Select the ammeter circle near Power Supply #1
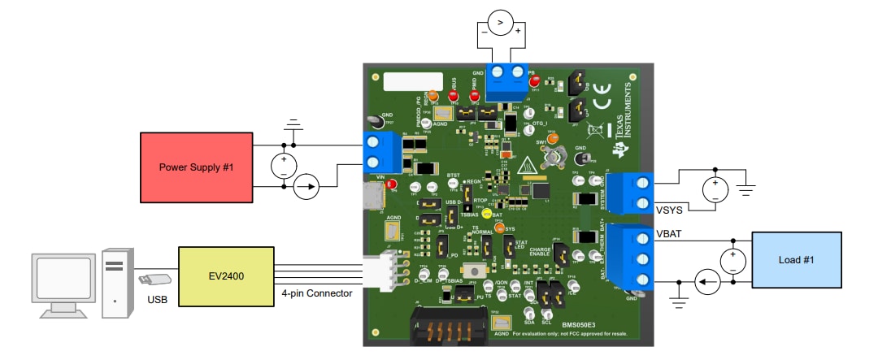[x=306, y=189]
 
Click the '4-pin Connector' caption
[x=317, y=293]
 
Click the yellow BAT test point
[x=486, y=215]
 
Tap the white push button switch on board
[x=470, y=271]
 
